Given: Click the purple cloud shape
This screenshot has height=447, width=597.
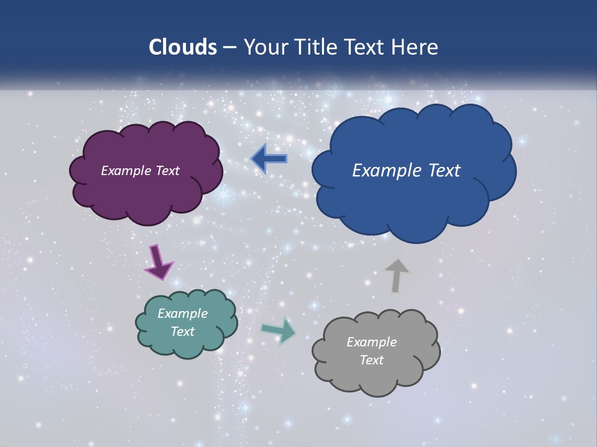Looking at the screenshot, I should (146, 192).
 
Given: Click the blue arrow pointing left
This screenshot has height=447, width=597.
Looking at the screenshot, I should (269, 159).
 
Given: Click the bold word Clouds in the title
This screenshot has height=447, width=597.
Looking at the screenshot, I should (182, 47).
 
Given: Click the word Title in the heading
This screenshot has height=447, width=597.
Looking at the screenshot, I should (317, 47).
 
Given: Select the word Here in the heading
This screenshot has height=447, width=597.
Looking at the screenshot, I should (414, 47).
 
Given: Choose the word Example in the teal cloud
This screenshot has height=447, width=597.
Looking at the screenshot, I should (182, 314).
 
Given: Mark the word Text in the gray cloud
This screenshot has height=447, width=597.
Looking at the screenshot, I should (371, 360).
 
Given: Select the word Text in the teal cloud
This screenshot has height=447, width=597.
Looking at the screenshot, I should (182, 332).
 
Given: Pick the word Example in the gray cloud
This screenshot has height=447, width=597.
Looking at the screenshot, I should (371, 342).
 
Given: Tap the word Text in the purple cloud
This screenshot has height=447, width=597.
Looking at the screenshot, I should (167, 171).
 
